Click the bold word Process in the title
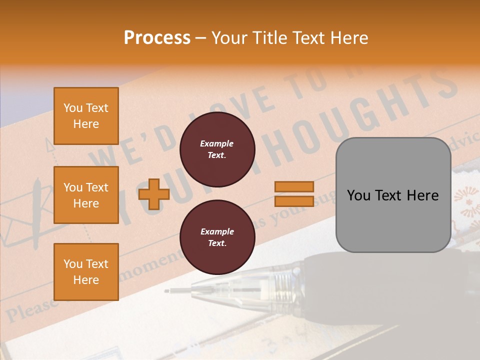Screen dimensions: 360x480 point(157,38)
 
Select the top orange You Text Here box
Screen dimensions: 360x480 point(86,116)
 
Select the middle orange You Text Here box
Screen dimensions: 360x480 point(86,195)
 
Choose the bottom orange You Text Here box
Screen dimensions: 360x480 point(86,271)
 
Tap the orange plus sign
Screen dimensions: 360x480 point(154,194)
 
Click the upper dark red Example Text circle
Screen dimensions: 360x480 point(217,149)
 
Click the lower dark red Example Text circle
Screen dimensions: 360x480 point(217,237)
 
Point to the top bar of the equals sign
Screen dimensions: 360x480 point(294,186)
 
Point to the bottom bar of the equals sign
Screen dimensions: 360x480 point(294,201)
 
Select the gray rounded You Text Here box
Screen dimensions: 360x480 point(393,195)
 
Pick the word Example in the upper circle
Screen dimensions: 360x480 point(216,144)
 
